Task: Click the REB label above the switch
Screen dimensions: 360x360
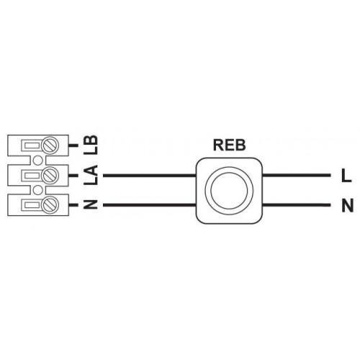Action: (x=229, y=145)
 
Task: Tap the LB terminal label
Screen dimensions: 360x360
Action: (x=92, y=145)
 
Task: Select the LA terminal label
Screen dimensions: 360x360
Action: (x=92, y=175)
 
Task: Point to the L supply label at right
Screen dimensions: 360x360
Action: (x=346, y=176)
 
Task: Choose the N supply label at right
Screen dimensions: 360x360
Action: (x=348, y=206)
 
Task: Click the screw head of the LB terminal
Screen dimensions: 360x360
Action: (x=50, y=145)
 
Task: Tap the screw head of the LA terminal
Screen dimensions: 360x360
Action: (x=50, y=175)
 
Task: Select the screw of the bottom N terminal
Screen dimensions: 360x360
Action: (x=50, y=204)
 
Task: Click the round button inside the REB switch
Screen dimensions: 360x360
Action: (x=229, y=191)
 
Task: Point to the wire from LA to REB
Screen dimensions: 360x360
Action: (x=150, y=176)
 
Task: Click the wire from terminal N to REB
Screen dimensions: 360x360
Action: (x=150, y=205)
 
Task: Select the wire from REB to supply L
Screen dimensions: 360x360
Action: (x=297, y=176)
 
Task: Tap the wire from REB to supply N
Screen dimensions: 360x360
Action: (x=297, y=205)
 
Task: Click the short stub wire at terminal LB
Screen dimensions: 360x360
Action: (x=73, y=145)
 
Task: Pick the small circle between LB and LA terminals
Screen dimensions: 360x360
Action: (x=37, y=160)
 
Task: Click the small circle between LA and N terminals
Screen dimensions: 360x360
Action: (x=37, y=190)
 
